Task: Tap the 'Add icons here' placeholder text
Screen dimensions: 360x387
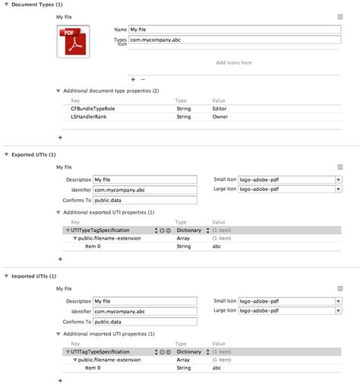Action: (233, 62)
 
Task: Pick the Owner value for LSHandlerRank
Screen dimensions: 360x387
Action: (221, 117)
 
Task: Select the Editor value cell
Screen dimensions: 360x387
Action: (220, 109)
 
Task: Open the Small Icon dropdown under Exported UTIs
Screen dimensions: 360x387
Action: (289, 179)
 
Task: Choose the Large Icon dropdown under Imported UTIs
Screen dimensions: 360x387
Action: (289, 310)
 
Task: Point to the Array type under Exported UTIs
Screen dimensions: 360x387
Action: (184, 238)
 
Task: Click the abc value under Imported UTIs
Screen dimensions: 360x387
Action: (217, 368)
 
